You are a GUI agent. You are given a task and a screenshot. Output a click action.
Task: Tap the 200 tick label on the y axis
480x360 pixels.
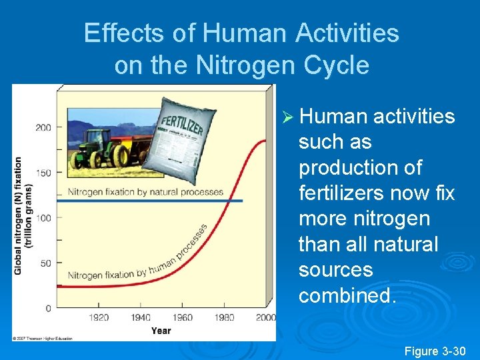point(43,127)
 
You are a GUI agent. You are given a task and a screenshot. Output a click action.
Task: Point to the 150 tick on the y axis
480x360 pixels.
point(43,173)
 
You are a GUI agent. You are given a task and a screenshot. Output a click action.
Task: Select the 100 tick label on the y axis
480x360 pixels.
point(43,218)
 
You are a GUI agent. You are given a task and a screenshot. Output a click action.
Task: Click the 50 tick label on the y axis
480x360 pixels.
point(45,263)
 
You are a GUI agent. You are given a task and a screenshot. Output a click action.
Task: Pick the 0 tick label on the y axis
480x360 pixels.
point(48,308)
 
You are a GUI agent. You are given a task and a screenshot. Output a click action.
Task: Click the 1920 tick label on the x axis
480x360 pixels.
point(99,317)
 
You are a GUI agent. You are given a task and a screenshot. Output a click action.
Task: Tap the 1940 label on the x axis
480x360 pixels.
point(141,317)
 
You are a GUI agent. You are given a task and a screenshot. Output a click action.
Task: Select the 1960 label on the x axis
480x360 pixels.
point(182,317)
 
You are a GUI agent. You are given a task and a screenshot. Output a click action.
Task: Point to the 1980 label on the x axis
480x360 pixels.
point(224,317)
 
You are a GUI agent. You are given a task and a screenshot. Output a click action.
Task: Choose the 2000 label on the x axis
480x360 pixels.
point(265,317)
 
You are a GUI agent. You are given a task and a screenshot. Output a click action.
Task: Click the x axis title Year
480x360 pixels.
point(161,330)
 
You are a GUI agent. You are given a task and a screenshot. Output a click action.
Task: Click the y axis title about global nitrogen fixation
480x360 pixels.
point(23,215)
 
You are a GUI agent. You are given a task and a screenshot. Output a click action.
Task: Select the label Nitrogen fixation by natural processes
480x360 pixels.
point(145,192)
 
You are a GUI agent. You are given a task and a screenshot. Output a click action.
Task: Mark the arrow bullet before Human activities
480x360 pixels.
point(288,117)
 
